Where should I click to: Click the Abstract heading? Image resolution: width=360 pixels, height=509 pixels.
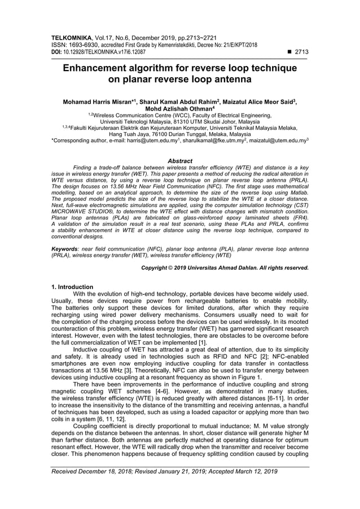tap(180, 161)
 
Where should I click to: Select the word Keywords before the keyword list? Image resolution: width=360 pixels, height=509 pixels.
tap(66, 248)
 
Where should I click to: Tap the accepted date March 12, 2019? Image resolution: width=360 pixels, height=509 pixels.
tap(251, 471)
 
